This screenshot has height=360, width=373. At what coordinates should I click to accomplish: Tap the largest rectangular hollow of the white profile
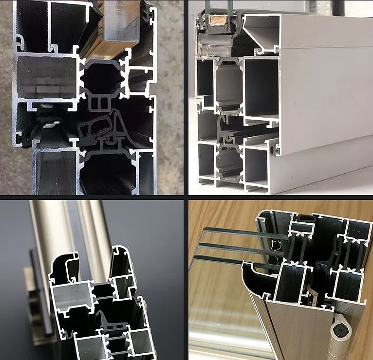(261, 88)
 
